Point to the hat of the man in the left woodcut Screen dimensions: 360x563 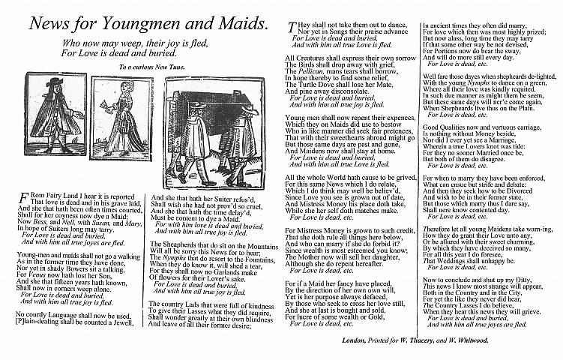click(53, 82)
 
